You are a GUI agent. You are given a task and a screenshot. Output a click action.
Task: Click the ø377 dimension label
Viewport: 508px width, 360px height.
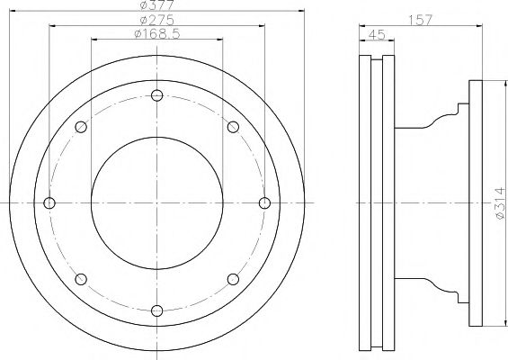coord(157,4)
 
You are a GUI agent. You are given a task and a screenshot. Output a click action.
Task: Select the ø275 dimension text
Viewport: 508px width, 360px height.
coord(157,20)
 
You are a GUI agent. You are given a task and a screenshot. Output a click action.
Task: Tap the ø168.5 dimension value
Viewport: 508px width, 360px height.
coord(157,33)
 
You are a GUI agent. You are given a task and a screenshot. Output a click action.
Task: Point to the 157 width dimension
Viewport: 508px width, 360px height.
coord(420,20)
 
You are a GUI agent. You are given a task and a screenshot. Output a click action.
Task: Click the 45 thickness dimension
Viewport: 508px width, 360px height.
coord(378,34)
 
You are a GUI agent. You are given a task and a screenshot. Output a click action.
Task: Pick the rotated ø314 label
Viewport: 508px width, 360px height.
coord(501,203)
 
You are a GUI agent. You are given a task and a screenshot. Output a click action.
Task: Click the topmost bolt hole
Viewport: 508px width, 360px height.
coord(156,95)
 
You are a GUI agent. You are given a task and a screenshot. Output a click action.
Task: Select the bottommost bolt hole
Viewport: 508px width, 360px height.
coord(156,310)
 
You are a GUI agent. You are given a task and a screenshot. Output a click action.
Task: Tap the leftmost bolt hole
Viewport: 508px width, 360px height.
coord(49,203)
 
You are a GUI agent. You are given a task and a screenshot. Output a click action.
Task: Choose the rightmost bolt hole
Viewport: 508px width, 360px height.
coord(264,203)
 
